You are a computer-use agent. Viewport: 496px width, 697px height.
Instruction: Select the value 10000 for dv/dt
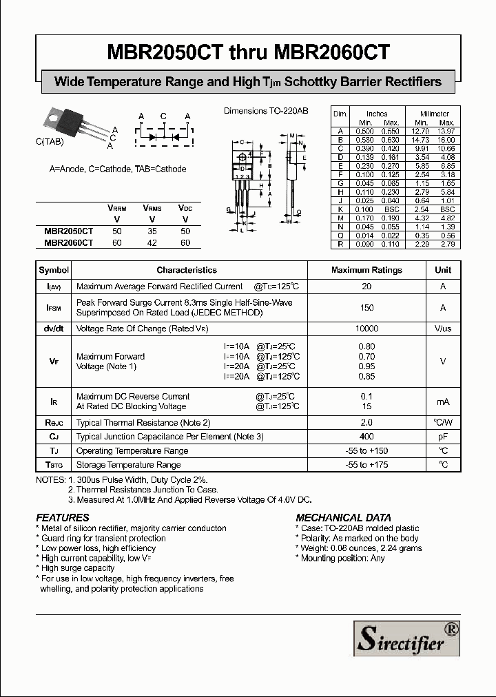pyautogui.click(x=366, y=329)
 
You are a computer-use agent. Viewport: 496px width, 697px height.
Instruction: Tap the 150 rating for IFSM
pyautogui.click(x=366, y=308)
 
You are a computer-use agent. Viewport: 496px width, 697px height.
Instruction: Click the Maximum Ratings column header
pyautogui.click(x=366, y=270)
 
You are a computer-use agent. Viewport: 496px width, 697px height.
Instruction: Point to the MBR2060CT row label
pyautogui.click(x=68, y=242)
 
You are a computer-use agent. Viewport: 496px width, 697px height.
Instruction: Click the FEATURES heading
pyautogui.click(x=62, y=517)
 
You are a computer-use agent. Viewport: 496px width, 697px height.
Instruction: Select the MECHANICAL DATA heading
pyautogui.click(x=343, y=517)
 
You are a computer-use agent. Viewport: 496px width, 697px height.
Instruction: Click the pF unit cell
pyautogui.click(x=443, y=437)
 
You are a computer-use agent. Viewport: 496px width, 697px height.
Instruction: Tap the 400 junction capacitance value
pyautogui.click(x=366, y=437)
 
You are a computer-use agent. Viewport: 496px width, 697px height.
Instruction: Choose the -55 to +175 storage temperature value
pyautogui.click(x=366, y=465)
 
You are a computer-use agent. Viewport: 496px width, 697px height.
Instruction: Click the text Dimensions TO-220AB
pyautogui.click(x=266, y=111)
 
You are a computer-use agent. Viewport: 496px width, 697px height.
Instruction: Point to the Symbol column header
pyautogui.click(x=54, y=270)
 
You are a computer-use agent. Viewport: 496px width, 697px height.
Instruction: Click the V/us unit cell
pyautogui.click(x=443, y=329)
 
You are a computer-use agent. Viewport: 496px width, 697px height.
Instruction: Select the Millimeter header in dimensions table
pyautogui.click(x=435, y=114)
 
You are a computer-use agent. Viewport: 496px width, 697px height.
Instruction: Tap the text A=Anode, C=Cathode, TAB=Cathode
pyautogui.click(x=118, y=169)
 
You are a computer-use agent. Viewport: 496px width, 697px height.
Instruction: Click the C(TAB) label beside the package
pyautogui.click(x=50, y=141)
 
